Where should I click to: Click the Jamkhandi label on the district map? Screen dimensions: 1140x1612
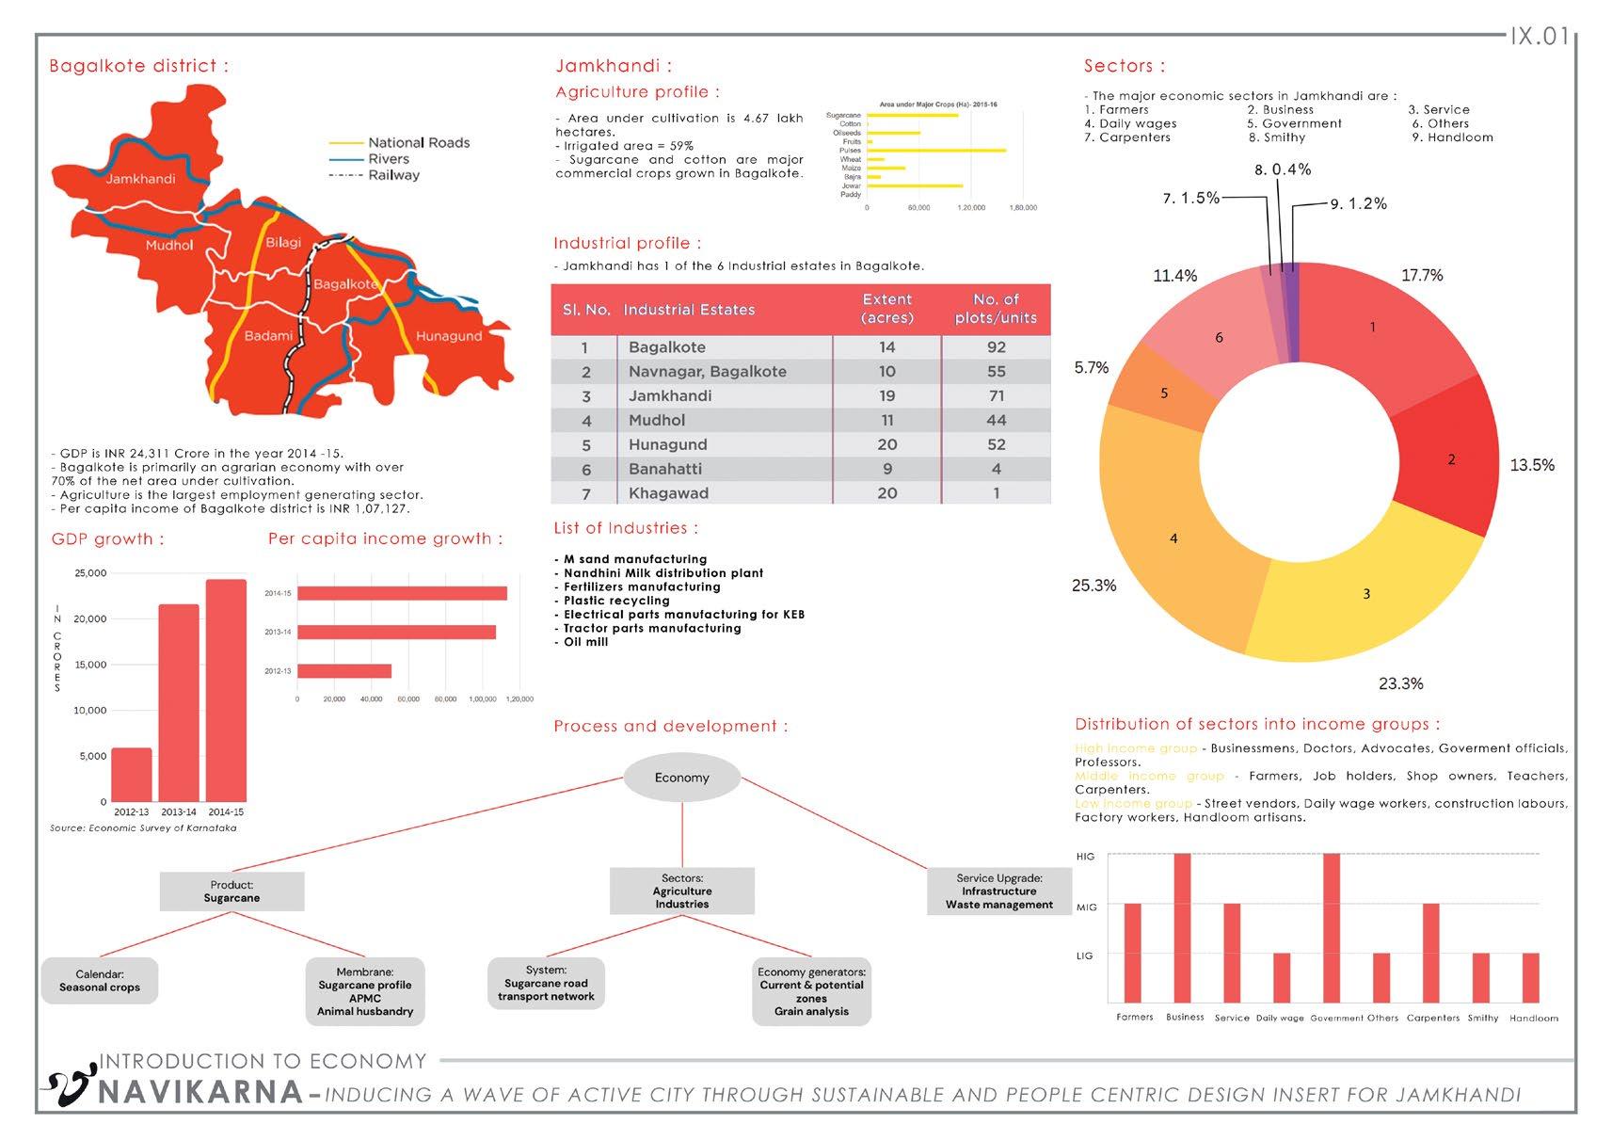click(140, 179)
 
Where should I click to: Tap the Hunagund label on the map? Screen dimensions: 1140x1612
click(448, 336)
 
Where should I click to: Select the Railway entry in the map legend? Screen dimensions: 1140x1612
click(393, 175)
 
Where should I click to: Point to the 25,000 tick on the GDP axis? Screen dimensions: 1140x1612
click(90, 573)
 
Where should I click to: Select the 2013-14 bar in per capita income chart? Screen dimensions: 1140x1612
click(396, 632)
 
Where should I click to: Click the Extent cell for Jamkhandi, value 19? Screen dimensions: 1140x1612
click(886, 396)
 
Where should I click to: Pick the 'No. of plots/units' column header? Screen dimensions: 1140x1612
click(996, 309)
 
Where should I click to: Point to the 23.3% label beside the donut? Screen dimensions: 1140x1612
click(1400, 684)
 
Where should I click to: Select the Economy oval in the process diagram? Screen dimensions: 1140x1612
click(682, 778)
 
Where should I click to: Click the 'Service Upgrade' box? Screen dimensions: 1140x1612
click(998, 891)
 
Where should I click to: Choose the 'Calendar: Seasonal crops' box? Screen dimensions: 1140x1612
click(100, 981)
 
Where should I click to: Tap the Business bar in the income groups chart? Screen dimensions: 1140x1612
click(1183, 927)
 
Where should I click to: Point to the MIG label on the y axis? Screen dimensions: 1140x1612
click(1086, 907)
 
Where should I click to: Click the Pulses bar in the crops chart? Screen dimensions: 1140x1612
click(936, 151)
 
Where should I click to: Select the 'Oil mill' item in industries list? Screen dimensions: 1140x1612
click(585, 642)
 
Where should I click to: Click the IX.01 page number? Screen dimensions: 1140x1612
click(1540, 38)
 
